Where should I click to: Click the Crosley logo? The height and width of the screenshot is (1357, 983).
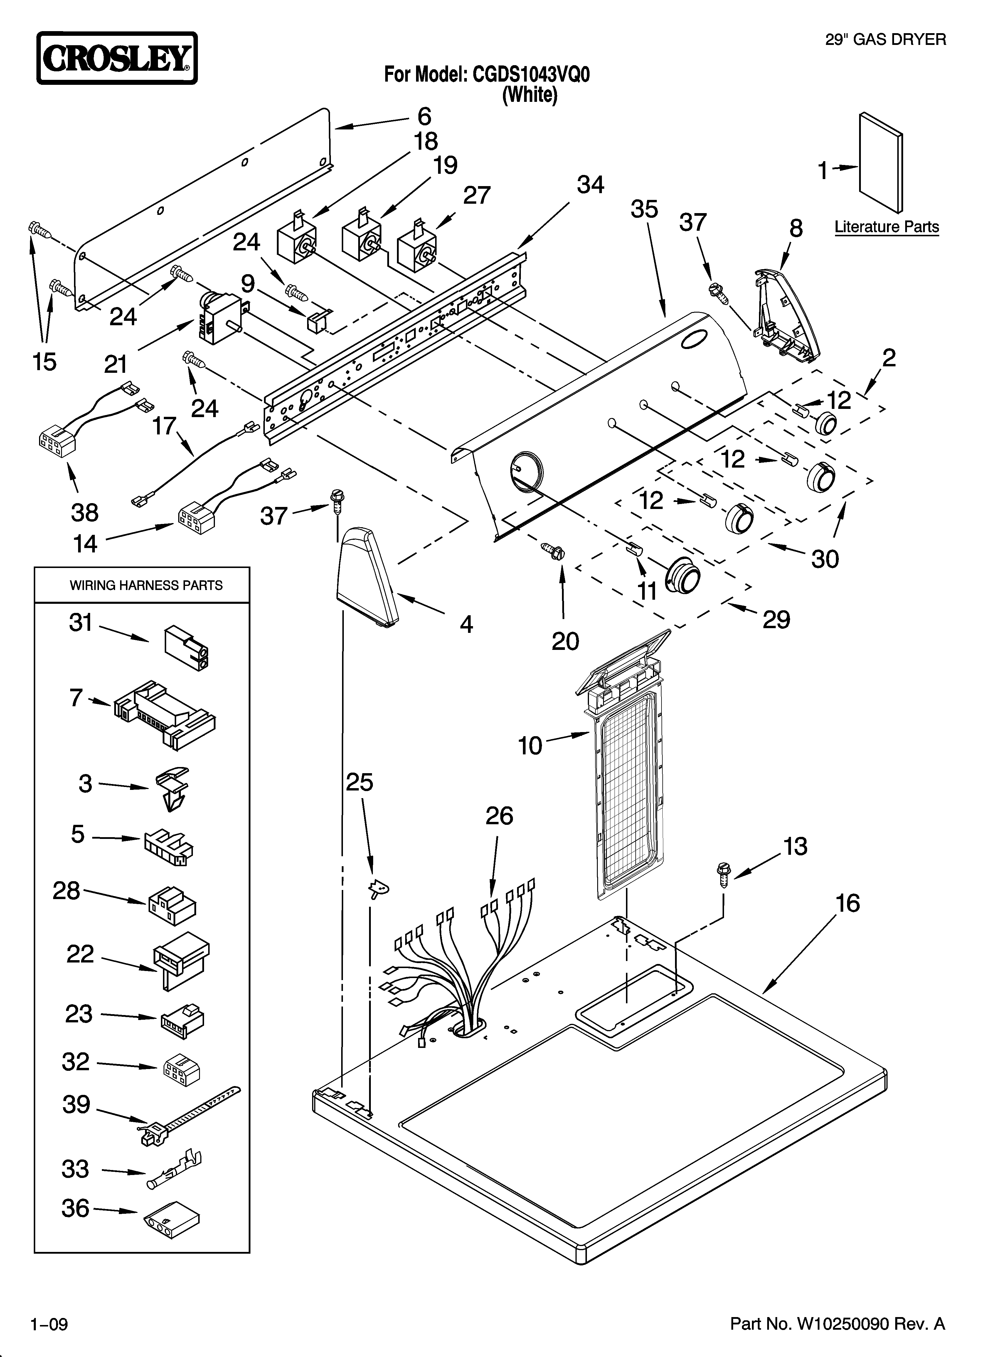[117, 59]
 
